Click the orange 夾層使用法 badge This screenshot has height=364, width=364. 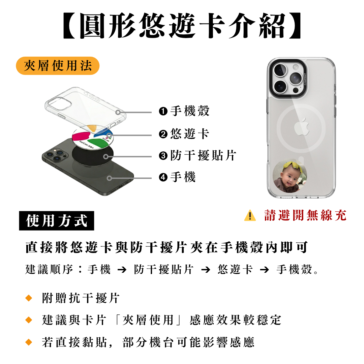point(58,66)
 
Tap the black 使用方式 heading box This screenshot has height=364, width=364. point(57,220)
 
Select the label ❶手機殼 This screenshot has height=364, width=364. point(184,111)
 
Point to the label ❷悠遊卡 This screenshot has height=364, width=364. point(184,134)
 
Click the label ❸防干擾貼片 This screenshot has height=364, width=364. point(198,155)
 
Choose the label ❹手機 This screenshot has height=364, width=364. point(177,177)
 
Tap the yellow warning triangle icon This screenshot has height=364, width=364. point(250,215)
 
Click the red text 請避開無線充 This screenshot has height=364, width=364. point(305,215)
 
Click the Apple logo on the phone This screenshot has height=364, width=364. point(302,126)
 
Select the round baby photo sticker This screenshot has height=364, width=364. point(290,176)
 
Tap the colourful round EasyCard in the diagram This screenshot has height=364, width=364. point(93,136)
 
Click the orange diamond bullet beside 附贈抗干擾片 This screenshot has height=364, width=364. point(29,298)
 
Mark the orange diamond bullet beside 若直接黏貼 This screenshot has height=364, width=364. point(29,342)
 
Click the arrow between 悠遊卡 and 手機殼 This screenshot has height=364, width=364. point(265,270)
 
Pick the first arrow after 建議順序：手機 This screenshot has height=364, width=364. point(122,270)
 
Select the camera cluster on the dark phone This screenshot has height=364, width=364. point(55,154)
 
